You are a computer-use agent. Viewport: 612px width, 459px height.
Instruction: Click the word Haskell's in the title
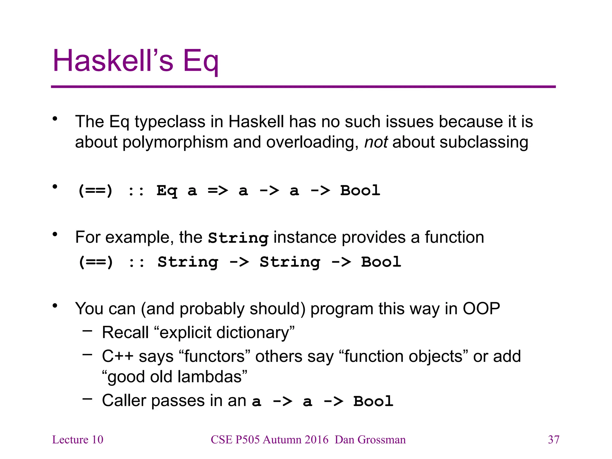pos(113,61)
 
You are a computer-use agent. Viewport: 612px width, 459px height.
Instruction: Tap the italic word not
pos(376,142)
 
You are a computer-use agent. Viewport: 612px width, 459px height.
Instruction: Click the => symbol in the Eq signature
pos(218,190)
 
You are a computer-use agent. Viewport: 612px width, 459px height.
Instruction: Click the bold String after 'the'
pos(238,238)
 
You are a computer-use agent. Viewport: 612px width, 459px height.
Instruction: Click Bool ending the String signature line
pos(381,262)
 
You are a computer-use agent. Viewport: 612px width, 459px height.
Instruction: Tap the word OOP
pos(481,309)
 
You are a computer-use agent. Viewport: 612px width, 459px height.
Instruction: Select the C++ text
pos(117,357)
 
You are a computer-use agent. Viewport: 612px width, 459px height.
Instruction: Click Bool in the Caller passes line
pos(373,401)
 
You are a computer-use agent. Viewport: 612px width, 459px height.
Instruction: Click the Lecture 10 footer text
pos(78,440)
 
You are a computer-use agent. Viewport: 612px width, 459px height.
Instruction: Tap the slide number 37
pos(553,440)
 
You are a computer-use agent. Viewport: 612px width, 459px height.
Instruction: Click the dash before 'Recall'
pos(87,331)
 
